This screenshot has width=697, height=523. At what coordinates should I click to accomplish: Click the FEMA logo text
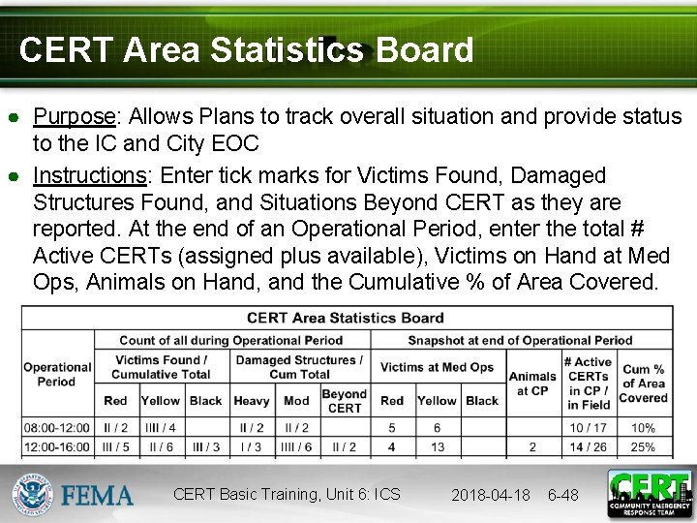click(98, 495)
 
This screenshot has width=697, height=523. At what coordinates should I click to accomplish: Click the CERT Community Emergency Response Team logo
click(650, 493)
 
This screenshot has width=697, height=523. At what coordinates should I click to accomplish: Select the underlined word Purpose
click(75, 117)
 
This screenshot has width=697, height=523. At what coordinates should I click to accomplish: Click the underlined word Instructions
click(90, 176)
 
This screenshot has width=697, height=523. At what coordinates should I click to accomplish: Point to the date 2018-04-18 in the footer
click(491, 495)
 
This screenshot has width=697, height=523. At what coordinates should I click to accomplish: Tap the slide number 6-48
click(563, 495)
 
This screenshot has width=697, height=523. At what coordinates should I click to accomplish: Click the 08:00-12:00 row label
click(57, 427)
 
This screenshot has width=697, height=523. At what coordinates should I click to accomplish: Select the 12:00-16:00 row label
click(57, 446)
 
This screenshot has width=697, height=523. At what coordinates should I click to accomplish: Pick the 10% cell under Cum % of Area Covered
click(643, 427)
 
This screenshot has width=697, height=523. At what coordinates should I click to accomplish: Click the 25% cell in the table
click(643, 446)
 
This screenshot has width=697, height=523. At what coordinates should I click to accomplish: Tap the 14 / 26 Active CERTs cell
click(589, 446)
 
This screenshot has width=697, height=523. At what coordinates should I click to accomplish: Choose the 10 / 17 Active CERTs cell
click(589, 427)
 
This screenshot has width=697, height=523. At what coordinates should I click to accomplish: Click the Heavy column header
click(252, 400)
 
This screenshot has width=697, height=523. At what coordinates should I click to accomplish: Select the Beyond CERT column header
click(344, 401)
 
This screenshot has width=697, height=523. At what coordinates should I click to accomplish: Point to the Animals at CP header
click(532, 384)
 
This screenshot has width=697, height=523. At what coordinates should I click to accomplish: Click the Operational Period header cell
click(57, 374)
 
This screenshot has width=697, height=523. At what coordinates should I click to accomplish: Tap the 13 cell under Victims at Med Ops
click(438, 446)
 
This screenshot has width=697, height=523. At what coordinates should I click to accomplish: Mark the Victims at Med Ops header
click(437, 367)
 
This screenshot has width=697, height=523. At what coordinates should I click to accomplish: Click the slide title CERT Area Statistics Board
click(246, 50)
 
